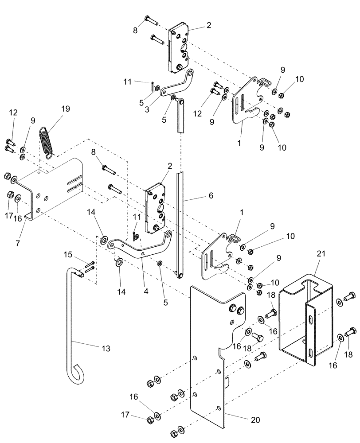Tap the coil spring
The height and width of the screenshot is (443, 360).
(x=47, y=141)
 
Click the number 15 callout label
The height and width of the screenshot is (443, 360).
(x=67, y=255)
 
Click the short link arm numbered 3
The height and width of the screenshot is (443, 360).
(x=175, y=86)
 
